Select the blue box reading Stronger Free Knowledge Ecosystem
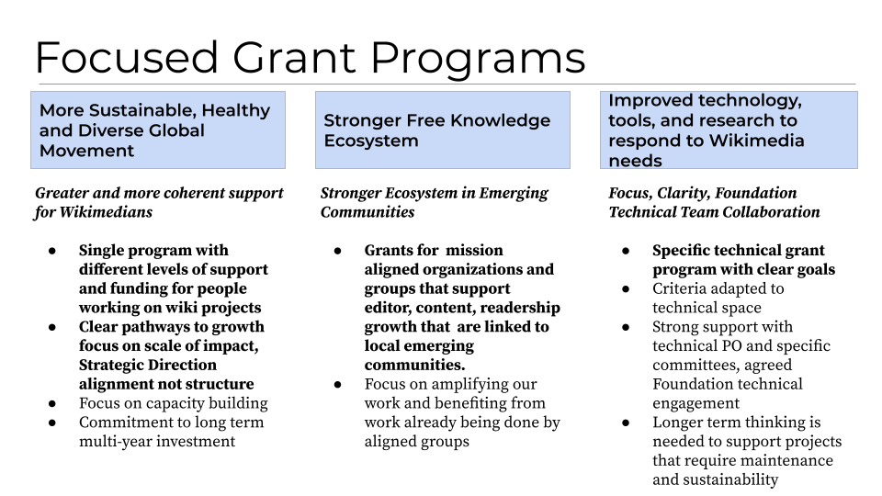click(442, 130)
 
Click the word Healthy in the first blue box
click(235, 110)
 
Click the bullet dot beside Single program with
click(53, 251)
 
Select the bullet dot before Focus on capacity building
click(53, 403)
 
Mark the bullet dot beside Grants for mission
click(339, 251)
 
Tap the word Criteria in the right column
click(680, 289)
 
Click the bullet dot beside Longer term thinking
click(627, 423)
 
